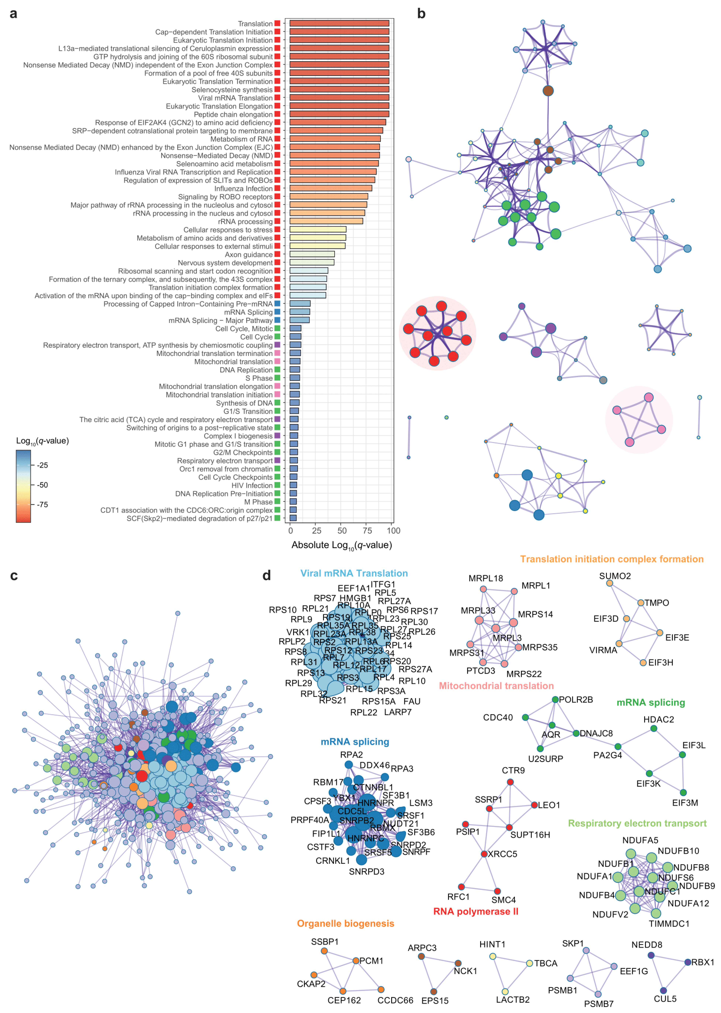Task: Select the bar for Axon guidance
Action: click(312, 254)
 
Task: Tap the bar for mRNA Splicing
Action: click(300, 312)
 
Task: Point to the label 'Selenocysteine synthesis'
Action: click(232, 90)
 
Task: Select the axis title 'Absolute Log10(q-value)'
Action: click(341, 545)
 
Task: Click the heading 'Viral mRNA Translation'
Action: click(354, 573)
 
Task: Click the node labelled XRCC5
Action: click(484, 854)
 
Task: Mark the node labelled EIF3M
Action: click(683, 793)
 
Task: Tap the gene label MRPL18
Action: click(486, 578)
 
